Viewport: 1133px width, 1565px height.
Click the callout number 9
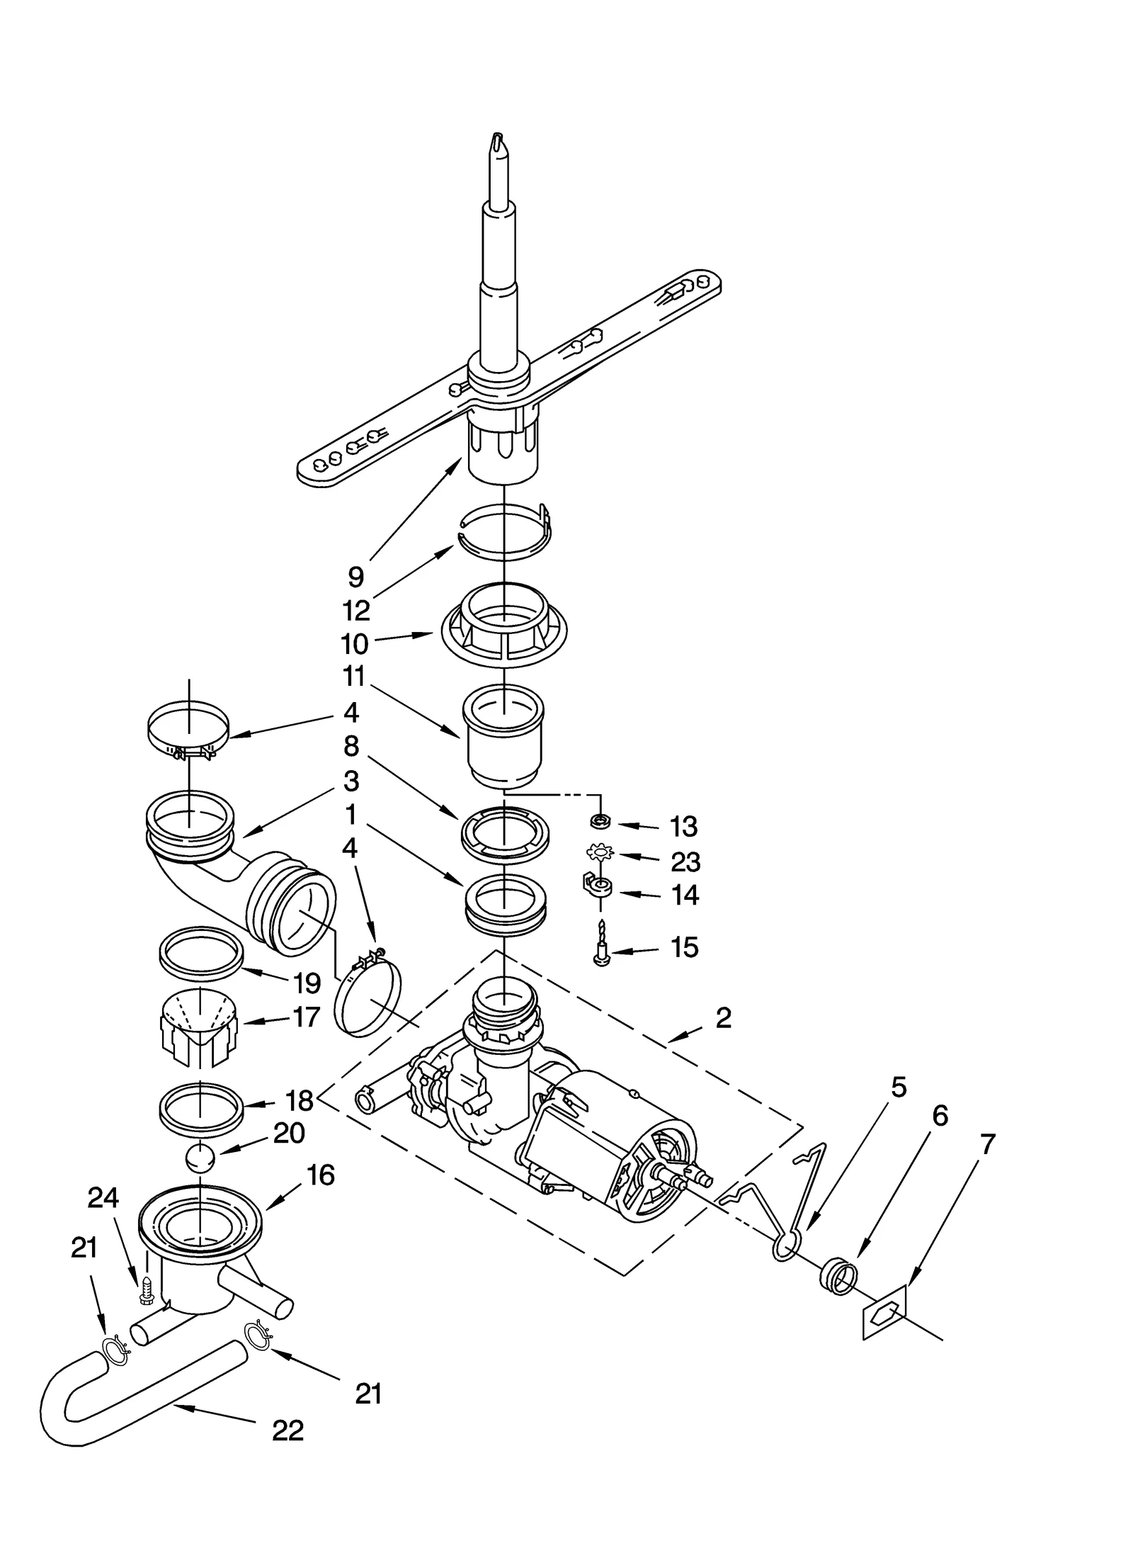coord(356,577)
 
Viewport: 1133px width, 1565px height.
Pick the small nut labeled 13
coord(600,822)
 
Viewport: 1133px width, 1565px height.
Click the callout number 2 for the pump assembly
coord(723,1018)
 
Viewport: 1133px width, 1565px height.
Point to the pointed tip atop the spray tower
coord(499,142)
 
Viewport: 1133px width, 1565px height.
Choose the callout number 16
coord(321,1175)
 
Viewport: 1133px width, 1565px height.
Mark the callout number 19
coord(307,983)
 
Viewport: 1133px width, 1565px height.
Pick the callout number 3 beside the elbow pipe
coord(351,781)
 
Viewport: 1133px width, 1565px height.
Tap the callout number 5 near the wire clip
coord(898,1087)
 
